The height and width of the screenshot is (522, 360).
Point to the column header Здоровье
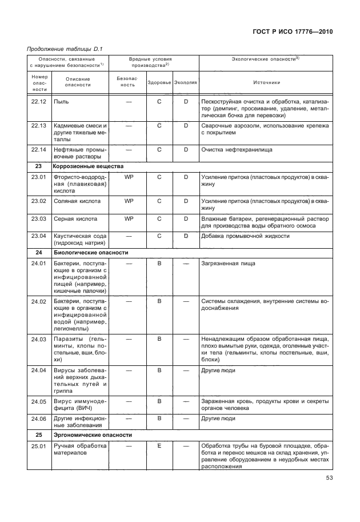point(159,82)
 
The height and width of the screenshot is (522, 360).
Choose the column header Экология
point(186,82)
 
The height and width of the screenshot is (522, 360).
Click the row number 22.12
point(39,102)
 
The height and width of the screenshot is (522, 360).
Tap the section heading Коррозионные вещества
point(88,166)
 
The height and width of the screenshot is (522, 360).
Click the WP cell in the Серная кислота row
point(129,218)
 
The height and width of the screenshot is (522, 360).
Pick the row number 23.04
point(39,236)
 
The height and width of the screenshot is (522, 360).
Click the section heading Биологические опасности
point(90,252)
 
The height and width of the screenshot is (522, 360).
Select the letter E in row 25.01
point(159,446)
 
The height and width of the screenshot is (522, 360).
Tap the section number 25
point(39,435)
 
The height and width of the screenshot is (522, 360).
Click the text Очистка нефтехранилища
point(237,150)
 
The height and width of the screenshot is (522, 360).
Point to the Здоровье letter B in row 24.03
point(159,339)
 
